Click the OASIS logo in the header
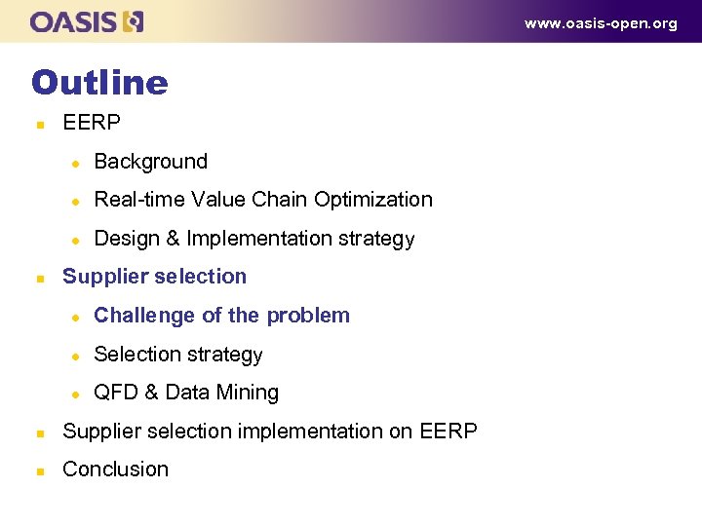pos(87,21)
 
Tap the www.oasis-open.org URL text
pos(601,23)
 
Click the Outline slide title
pos(99,82)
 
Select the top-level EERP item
pos(92,123)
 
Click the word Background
pos(151,162)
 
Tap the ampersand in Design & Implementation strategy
pos(172,239)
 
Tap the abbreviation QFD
pos(115,393)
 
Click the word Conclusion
pos(115,470)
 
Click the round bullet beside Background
pos(72,163)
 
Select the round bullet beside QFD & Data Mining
pos(72,394)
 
